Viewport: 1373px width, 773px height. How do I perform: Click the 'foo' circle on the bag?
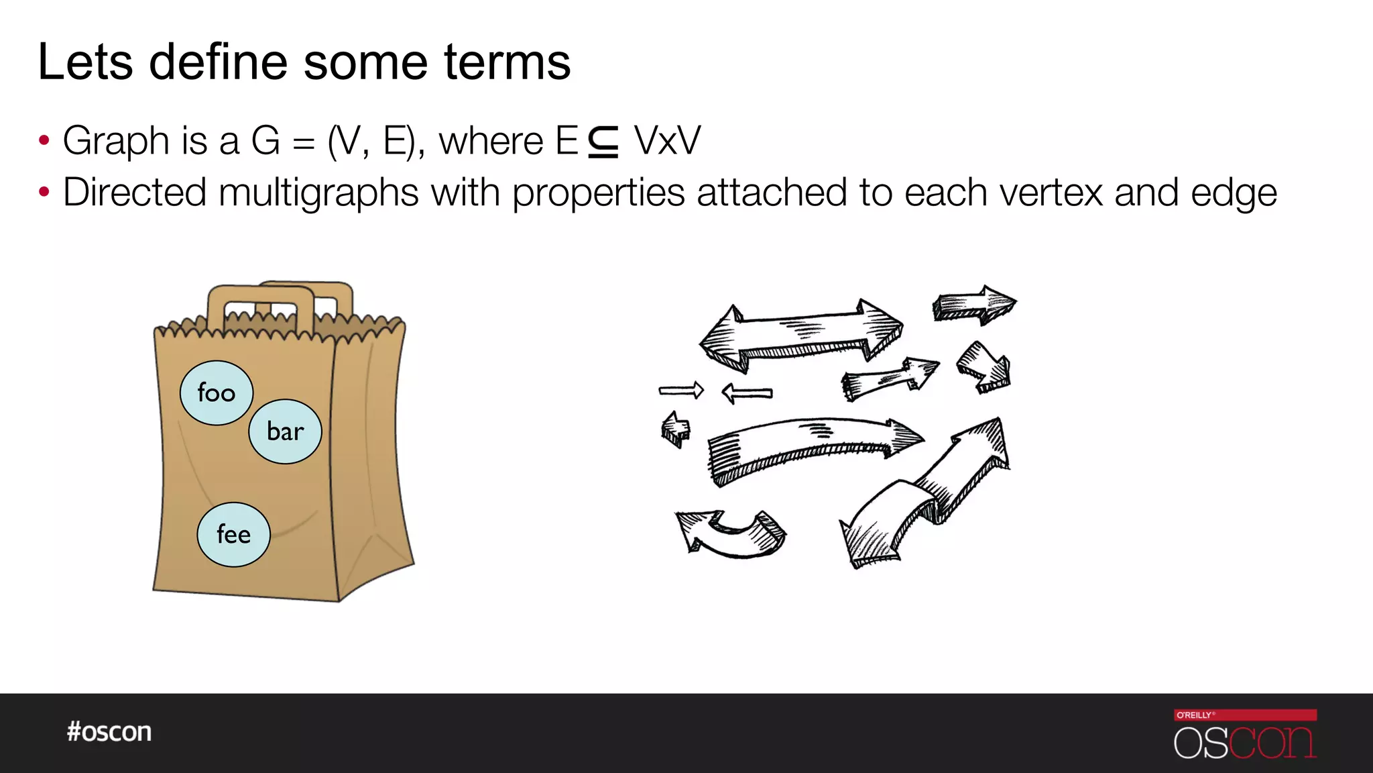[x=217, y=393]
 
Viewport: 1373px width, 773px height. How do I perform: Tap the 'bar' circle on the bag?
[x=285, y=431]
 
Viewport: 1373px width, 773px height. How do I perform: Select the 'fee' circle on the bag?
[x=233, y=535]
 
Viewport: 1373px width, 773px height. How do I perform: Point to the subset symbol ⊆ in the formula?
[x=603, y=142]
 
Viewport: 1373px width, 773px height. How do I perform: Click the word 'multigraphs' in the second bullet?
[x=318, y=193]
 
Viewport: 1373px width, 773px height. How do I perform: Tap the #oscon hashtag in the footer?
[x=109, y=731]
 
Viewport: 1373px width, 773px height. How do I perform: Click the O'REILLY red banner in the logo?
[x=1245, y=715]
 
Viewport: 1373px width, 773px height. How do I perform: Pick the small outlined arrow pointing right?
[x=681, y=390]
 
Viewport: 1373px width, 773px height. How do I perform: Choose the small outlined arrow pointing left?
[x=747, y=393]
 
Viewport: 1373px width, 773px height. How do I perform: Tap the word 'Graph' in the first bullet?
[x=116, y=141]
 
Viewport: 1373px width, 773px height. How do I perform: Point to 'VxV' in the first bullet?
[x=667, y=141]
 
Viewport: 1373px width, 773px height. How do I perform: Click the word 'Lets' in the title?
[x=85, y=62]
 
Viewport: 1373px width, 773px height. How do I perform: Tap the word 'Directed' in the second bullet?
[x=134, y=193]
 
